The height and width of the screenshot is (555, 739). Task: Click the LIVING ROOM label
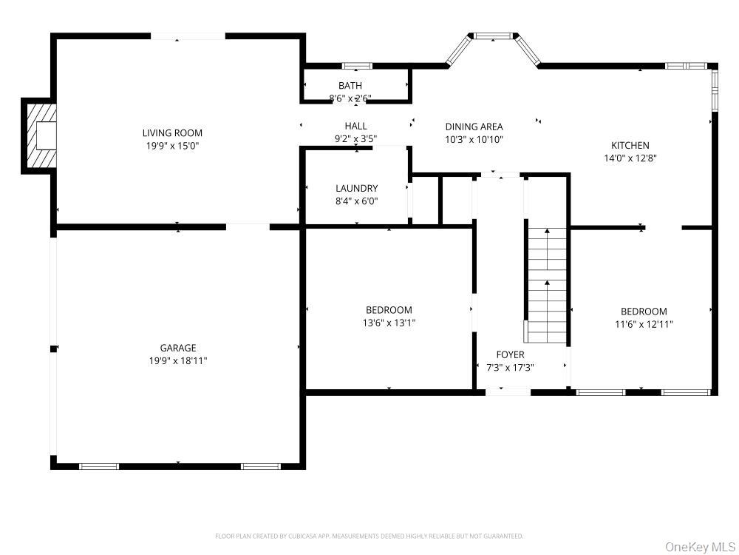click(x=172, y=133)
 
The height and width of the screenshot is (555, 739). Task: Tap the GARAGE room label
click(x=177, y=349)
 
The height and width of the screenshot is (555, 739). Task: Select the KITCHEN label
click(x=630, y=145)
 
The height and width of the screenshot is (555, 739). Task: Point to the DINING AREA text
click(x=474, y=127)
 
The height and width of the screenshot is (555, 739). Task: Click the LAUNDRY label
click(x=357, y=188)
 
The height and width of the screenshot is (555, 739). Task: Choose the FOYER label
click(x=510, y=354)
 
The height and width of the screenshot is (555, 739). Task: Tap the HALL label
click(x=356, y=126)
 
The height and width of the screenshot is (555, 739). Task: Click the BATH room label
click(x=350, y=85)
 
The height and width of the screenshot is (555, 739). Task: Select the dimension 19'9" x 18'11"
click(x=178, y=361)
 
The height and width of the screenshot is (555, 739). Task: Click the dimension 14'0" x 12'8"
click(x=630, y=158)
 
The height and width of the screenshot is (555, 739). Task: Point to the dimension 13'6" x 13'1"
click(x=389, y=323)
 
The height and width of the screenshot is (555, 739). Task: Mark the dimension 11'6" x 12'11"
click(x=644, y=324)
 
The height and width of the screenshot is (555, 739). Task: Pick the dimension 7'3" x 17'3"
click(x=510, y=368)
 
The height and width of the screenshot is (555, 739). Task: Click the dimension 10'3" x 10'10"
click(x=474, y=140)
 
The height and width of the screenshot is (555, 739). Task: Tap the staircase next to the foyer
click(x=547, y=285)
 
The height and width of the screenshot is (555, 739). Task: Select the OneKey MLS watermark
click(x=700, y=547)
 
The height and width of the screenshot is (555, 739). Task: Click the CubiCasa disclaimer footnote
click(x=369, y=536)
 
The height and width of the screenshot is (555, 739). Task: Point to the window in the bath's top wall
click(x=357, y=66)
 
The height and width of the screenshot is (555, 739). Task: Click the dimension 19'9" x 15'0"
click(x=172, y=146)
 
